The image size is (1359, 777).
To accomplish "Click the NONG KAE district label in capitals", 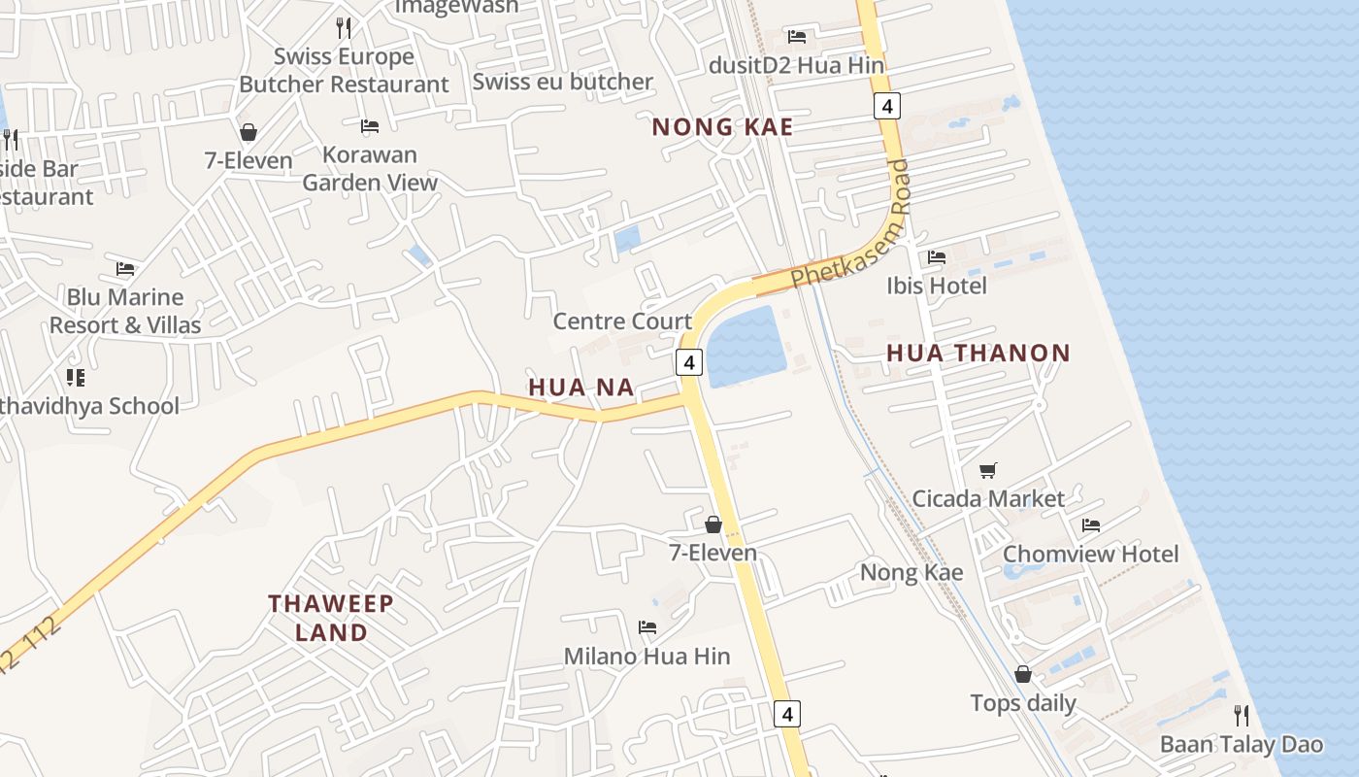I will coord(722,127).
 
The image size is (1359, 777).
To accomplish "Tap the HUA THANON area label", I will coord(978,354).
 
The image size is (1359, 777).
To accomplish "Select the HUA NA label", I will coord(580,388).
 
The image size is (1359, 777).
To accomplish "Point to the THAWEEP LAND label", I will coord(331,618).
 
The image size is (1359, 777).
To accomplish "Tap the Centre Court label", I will coord(622,321).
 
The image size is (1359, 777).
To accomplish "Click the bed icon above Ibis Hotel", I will coord(937,257).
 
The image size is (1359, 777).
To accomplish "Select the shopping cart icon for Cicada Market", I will coord(988,471).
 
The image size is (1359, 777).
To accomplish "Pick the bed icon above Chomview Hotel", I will coord(1091,525).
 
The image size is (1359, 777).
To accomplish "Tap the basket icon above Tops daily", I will coord(1023,674).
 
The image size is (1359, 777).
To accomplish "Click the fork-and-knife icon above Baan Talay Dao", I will coord(1242,716).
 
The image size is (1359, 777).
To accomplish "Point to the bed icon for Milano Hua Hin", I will coord(647,627).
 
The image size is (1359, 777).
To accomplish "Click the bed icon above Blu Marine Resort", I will coord(125,269).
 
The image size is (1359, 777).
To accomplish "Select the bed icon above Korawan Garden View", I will coord(370,126).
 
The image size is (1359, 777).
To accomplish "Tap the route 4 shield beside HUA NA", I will coord(688,362).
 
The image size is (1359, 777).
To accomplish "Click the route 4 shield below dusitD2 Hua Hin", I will coord(887,105).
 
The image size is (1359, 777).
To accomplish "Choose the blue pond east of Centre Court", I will coord(746,348).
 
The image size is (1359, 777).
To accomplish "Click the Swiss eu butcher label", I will coord(562,82).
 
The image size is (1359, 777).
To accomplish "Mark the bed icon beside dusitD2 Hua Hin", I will coord(797,37).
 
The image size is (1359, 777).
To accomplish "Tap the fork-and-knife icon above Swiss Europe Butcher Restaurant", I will coord(343,27).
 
